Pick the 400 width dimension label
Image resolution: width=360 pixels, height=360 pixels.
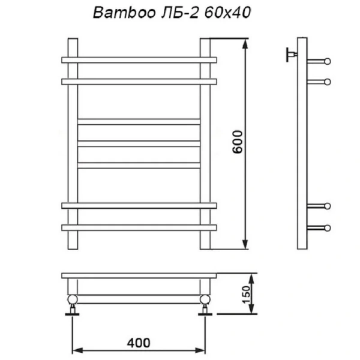pyautogui.click(x=139, y=343)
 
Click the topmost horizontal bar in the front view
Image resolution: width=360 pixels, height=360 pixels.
pyautogui.click(x=139, y=60)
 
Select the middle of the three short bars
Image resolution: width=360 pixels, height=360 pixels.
pyautogui.click(x=139, y=143)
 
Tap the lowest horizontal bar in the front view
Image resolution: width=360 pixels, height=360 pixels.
pyautogui.click(x=139, y=227)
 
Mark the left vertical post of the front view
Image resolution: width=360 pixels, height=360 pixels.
pyautogui.click(x=73, y=144)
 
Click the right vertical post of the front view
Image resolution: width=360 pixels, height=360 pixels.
pyautogui.click(x=205, y=144)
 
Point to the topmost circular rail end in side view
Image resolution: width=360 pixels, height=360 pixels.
pyautogui.click(x=327, y=61)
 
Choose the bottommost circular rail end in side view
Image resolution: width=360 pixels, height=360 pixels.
pyautogui.click(x=327, y=228)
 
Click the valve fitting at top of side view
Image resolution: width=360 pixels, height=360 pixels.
pyautogui.click(x=291, y=55)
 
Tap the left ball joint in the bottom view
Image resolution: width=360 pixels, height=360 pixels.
pyautogui.click(x=73, y=299)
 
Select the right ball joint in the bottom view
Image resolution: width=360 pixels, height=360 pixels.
pyautogui.click(x=205, y=299)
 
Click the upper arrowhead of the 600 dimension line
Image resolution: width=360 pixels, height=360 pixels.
pyautogui.click(x=245, y=43)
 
